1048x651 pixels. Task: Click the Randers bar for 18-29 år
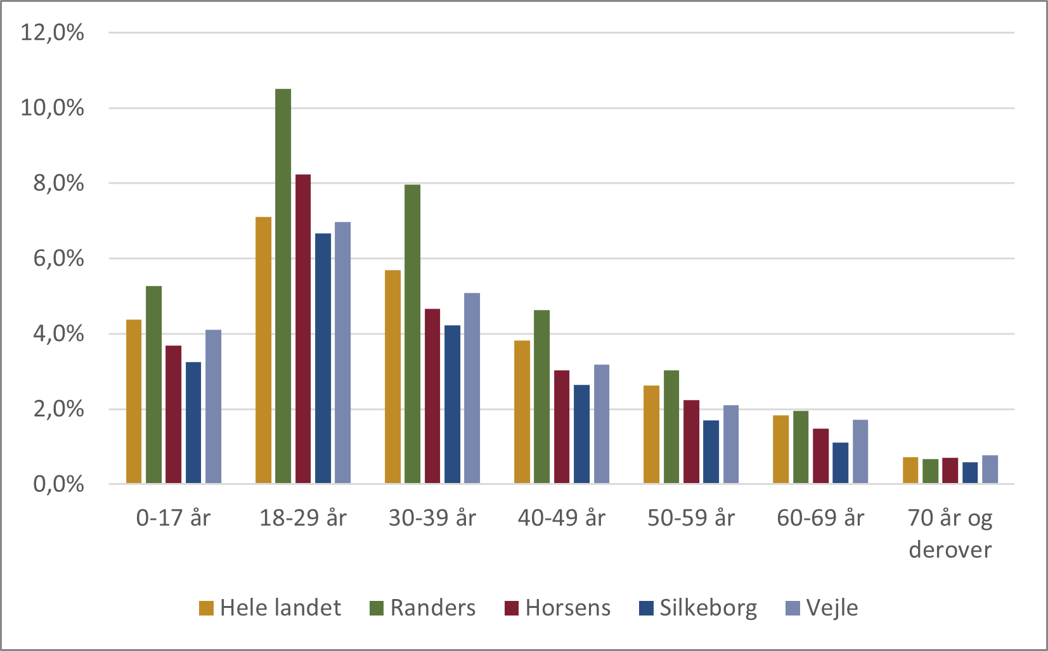click(283, 285)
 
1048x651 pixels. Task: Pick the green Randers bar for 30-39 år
click(412, 333)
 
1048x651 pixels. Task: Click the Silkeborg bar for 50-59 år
click(711, 451)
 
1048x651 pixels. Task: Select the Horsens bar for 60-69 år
click(820, 456)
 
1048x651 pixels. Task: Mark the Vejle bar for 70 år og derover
click(990, 469)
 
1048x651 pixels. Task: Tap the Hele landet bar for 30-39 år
click(392, 377)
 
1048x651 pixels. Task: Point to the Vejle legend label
click(832, 608)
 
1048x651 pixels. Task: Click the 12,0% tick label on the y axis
click(52, 32)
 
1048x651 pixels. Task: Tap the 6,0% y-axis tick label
click(58, 259)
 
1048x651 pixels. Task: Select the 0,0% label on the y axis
click(58, 484)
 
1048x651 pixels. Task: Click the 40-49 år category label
click(561, 518)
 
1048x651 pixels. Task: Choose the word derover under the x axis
click(949, 549)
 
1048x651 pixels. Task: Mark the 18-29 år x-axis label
click(303, 518)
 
